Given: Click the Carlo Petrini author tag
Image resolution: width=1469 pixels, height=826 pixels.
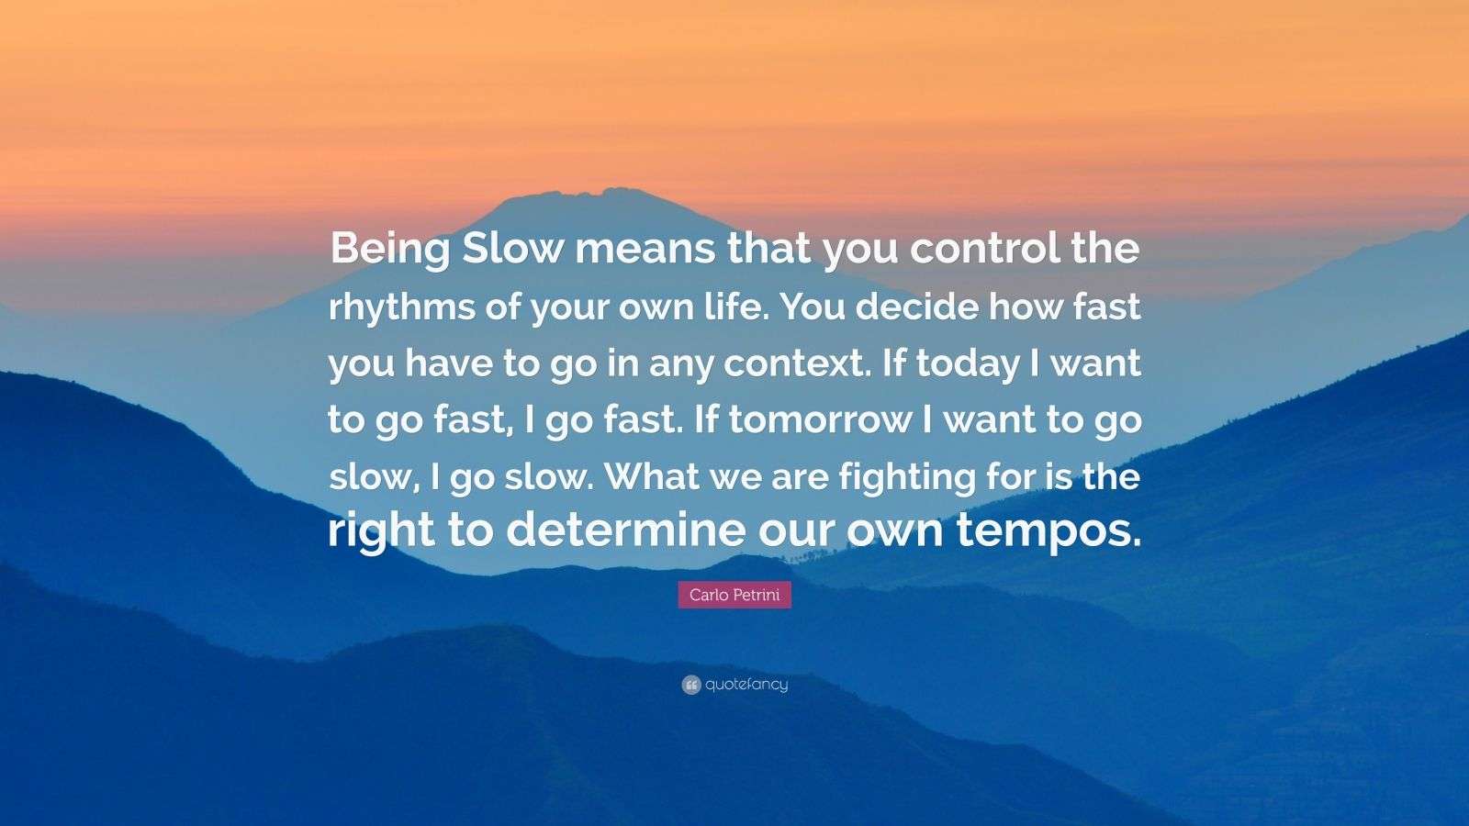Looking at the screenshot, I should (734, 595).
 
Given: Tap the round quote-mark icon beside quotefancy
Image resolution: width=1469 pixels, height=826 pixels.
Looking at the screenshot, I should (691, 685).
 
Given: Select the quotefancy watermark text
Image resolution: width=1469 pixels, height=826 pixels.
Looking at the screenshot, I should (746, 685).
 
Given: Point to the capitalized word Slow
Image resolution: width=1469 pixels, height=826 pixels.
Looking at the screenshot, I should (510, 250).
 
